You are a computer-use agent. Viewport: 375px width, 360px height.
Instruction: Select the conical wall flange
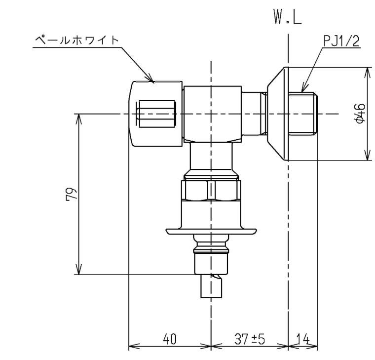click(x=277, y=114)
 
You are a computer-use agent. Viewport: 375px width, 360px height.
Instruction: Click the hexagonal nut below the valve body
click(x=211, y=190)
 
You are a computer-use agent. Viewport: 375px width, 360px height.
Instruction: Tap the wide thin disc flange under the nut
click(x=211, y=230)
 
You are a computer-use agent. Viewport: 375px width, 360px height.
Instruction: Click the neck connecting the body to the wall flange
click(x=254, y=114)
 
